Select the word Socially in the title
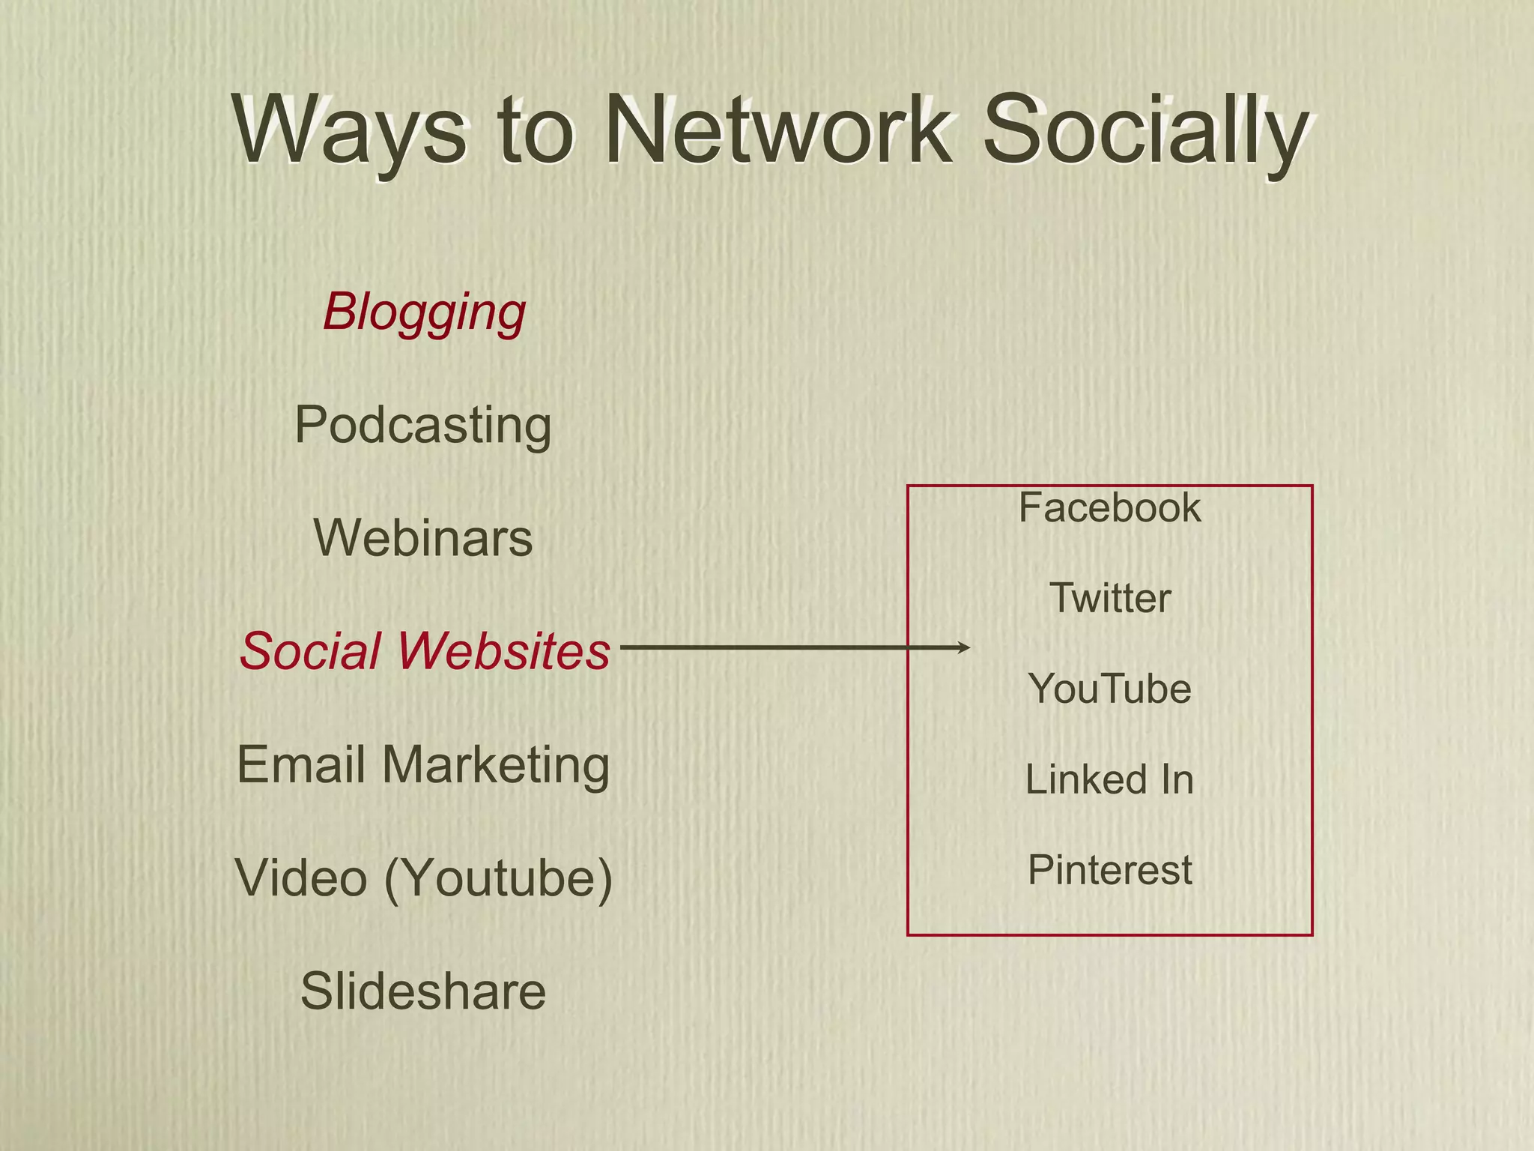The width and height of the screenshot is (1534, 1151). [1146, 133]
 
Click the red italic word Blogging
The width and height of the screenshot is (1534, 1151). [424, 312]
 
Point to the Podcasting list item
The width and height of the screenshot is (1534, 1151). [423, 426]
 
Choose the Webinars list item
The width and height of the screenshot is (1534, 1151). [423, 538]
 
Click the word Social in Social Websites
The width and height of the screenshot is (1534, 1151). [310, 650]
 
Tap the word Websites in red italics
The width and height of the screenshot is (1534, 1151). [503, 650]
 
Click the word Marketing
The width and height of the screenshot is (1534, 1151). [496, 766]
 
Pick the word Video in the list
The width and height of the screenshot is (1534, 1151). [301, 877]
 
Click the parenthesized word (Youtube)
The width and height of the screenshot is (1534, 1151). [499, 878]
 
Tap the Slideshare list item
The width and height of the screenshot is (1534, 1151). [423, 991]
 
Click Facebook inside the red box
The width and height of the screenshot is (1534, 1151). [1109, 508]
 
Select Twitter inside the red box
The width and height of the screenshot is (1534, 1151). [1109, 598]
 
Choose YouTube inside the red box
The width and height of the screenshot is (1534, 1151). [1109, 689]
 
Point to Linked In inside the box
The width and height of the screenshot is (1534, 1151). [1109, 779]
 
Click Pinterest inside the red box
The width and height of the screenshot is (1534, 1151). [1109, 870]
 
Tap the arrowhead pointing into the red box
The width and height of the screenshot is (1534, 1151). [965, 647]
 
